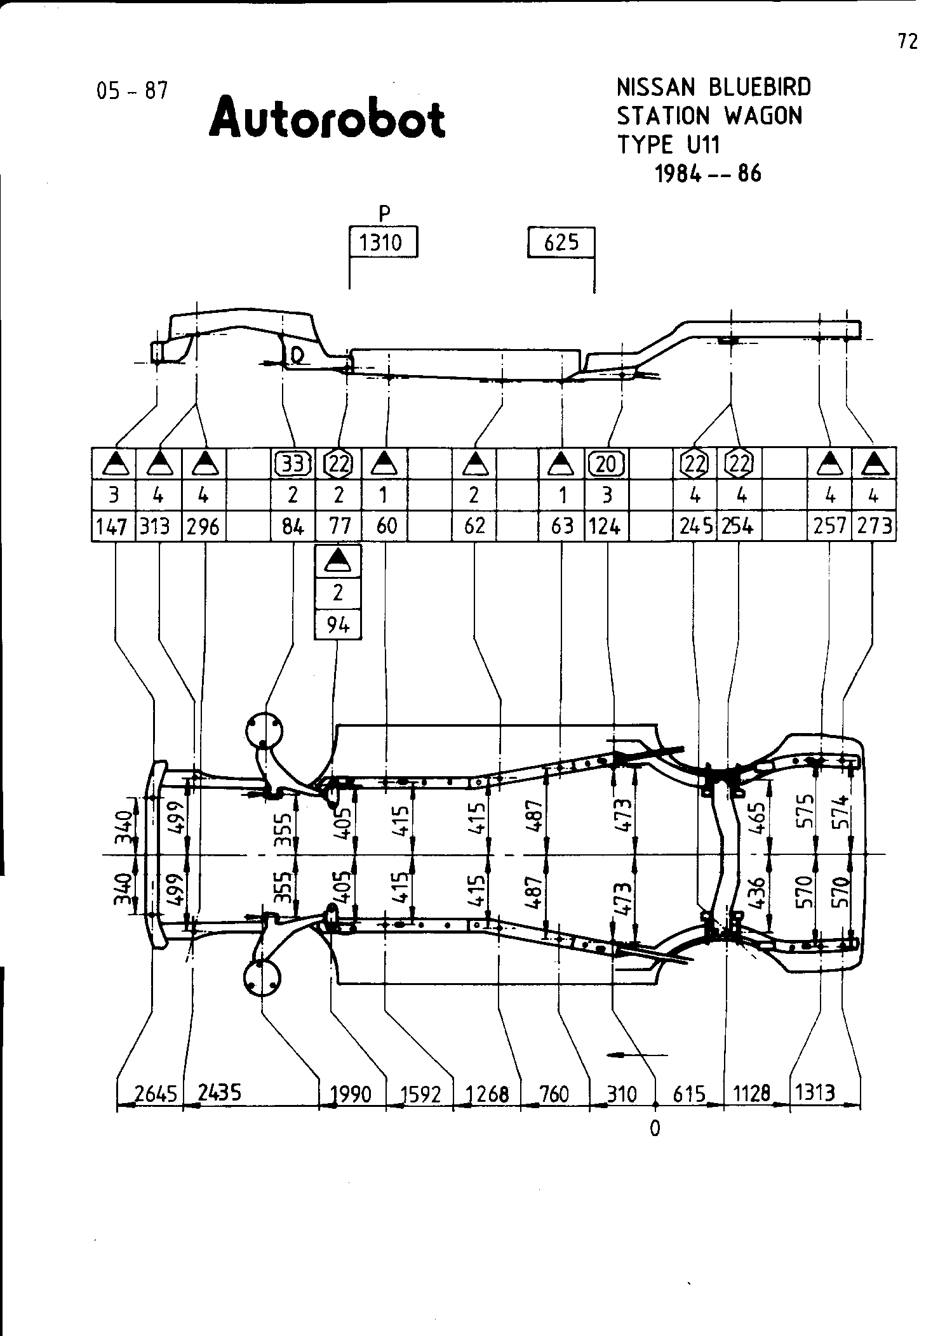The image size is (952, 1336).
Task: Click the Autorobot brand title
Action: (327, 117)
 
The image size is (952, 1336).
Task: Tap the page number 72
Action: (908, 41)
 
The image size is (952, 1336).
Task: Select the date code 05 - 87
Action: (132, 91)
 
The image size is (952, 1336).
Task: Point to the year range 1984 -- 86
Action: (707, 173)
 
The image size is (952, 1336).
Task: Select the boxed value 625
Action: (561, 242)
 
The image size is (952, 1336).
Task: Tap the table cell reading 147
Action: (113, 526)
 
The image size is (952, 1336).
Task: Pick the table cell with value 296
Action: (203, 526)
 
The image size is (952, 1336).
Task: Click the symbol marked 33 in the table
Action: (293, 465)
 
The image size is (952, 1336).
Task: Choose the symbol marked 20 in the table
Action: (607, 465)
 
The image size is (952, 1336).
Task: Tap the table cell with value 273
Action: (875, 526)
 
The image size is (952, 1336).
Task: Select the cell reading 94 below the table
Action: (338, 625)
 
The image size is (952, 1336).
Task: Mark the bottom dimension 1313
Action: (815, 1092)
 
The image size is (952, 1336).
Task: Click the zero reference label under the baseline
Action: (655, 1128)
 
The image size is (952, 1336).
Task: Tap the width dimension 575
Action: (807, 811)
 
